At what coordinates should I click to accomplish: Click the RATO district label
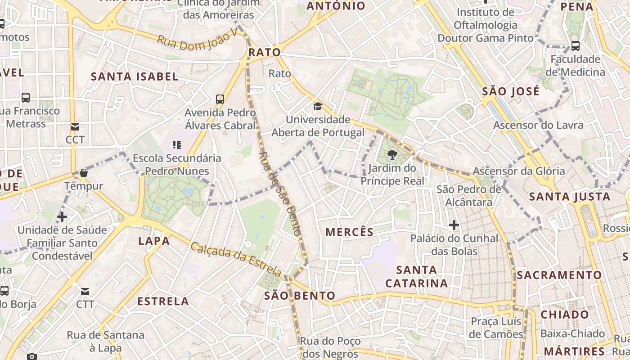pos(265,53)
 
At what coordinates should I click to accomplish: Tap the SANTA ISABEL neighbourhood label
pos(135,76)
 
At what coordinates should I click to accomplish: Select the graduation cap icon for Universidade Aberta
pos(318,107)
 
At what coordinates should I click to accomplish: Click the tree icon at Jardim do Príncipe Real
pos(392,155)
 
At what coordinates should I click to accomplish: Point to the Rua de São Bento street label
pos(279,194)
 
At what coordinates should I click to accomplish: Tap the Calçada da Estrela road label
pos(236,260)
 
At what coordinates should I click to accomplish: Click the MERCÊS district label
pos(349,232)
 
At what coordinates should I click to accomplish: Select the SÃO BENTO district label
pos(300,296)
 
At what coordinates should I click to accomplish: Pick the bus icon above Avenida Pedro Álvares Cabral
pos(220,99)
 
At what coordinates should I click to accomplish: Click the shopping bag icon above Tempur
pos(84,173)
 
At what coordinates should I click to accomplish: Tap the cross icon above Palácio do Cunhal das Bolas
pos(454,225)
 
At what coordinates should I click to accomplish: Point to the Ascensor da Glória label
pos(518,171)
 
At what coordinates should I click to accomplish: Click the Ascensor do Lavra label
pos(538,125)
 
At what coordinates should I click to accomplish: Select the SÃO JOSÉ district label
pos(510,92)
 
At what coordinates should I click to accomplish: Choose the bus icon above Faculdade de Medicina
pos(575,45)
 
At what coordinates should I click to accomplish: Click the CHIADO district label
pos(565,315)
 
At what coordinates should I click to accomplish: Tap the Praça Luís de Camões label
pos(496,328)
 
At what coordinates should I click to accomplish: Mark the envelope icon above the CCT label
pos(75,127)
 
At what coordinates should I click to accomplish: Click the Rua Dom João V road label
pos(197,42)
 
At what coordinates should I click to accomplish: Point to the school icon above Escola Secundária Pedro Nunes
pos(177,145)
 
